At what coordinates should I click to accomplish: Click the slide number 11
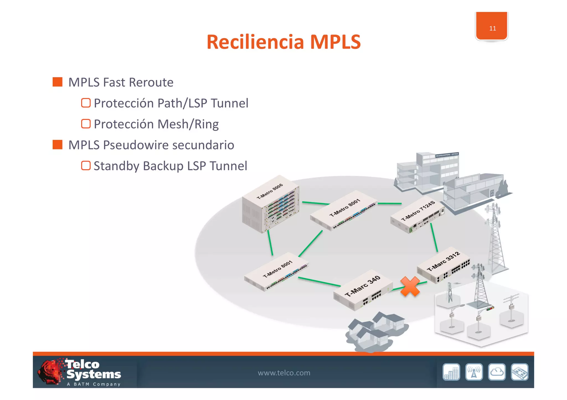492,28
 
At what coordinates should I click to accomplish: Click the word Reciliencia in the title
255,42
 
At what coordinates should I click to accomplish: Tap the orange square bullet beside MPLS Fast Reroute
58,82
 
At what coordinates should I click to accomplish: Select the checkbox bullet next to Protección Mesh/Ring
86,124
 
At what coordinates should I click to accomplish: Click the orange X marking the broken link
410,286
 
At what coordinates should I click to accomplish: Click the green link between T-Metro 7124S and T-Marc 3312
434,238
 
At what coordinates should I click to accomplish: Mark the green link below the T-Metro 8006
270,243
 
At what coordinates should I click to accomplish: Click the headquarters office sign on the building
447,155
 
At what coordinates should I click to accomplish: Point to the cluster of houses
375,332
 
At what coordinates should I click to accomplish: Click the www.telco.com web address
284,373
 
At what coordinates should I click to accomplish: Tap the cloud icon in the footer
497,372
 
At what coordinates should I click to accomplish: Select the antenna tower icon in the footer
474,372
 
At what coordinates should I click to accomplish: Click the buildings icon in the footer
451,372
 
